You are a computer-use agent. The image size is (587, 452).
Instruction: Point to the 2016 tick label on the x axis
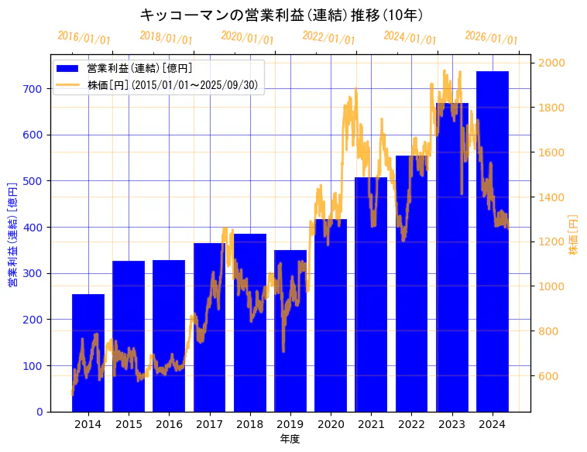point(169,423)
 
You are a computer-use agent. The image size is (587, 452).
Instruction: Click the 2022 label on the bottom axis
point(411,423)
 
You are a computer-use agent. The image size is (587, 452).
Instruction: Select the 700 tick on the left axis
point(32,89)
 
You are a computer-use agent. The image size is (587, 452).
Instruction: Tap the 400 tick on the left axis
point(32,228)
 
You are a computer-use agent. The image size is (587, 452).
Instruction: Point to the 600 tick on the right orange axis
point(550,377)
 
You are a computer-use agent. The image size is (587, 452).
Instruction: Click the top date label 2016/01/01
point(84,38)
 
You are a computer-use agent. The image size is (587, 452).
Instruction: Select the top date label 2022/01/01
point(328,38)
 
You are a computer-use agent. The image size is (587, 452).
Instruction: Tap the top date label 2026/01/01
point(491,38)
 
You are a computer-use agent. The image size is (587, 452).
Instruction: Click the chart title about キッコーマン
point(282,15)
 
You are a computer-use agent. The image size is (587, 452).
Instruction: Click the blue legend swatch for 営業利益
point(68,69)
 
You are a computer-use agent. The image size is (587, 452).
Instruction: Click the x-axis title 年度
point(290,439)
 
